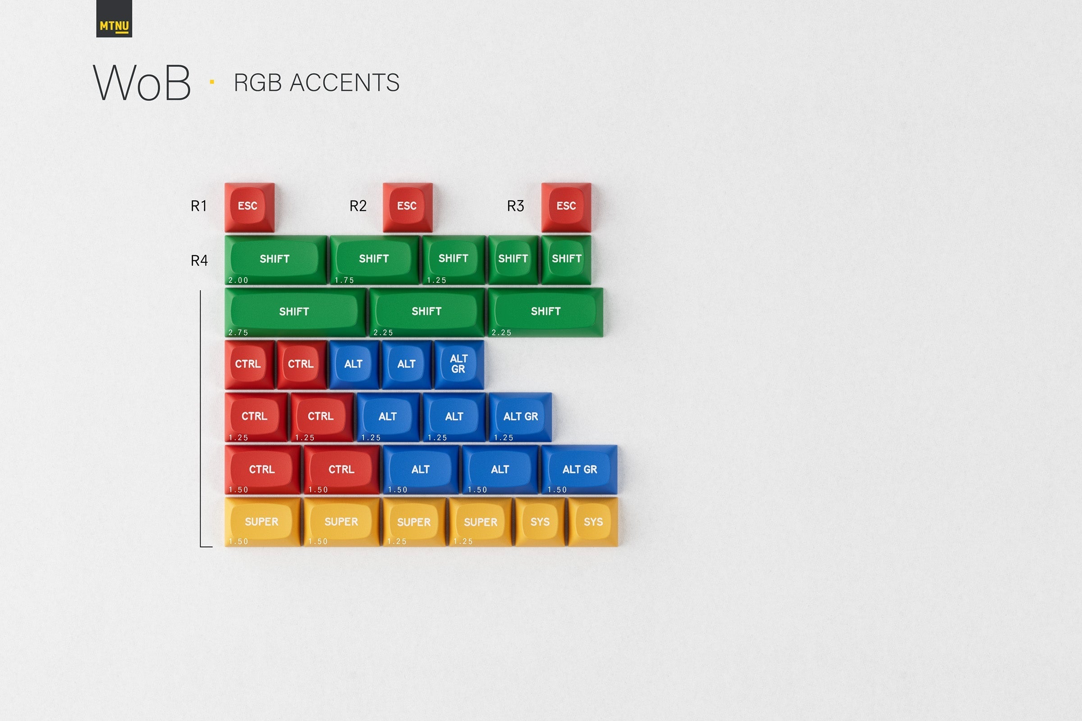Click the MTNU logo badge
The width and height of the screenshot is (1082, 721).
[x=114, y=19]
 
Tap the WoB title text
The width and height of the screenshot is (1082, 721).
[x=142, y=83]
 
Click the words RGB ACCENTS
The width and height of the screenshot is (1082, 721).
[x=316, y=83]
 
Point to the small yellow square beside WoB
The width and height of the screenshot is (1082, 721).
[x=212, y=82]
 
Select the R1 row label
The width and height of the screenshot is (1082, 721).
[x=199, y=206]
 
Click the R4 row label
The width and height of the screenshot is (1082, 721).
[x=199, y=261]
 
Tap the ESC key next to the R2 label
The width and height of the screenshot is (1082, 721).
[x=407, y=207]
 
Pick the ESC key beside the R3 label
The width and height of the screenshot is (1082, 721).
[x=566, y=207]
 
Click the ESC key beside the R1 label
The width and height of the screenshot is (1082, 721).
[x=249, y=207]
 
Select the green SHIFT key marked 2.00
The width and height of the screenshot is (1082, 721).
[x=275, y=260]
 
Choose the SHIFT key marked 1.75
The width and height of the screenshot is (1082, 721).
[x=374, y=260]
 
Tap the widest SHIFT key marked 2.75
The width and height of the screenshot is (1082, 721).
[x=294, y=312]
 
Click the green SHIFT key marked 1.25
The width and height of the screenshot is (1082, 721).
[x=453, y=260]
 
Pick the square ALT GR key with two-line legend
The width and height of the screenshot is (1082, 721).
[x=458, y=364]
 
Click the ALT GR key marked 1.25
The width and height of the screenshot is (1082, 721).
[x=520, y=416]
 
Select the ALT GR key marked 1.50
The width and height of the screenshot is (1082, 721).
[x=579, y=470]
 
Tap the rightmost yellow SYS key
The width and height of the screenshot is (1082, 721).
[x=593, y=522]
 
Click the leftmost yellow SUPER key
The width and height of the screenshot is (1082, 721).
[x=262, y=522]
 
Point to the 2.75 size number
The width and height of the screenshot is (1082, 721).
[x=238, y=333]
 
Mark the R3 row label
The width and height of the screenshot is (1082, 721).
[x=515, y=206]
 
